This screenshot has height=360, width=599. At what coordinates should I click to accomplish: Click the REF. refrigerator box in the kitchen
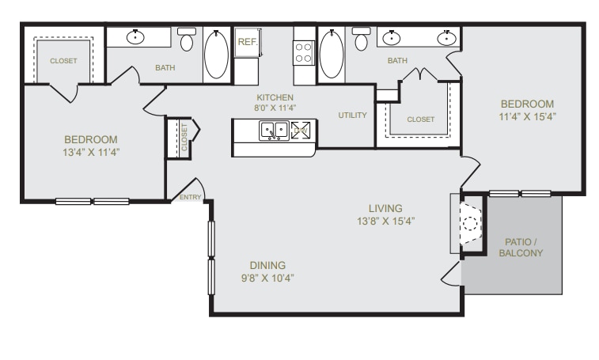pyautogui.click(x=247, y=42)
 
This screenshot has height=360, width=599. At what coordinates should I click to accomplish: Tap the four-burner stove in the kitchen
pyautogui.click(x=304, y=53)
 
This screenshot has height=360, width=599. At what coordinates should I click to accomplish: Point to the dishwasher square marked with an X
pyautogui.click(x=301, y=131)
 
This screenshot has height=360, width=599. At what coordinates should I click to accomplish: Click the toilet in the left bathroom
pyautogui.click(x=187, y=39)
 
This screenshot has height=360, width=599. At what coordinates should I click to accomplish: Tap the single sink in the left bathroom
pyautogui.click(x=137, y=36)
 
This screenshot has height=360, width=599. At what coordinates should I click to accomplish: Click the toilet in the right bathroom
pyautogui.click(x=362, y=39)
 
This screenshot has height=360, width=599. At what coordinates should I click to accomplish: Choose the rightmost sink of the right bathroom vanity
pyautogui.click(x=447, y=36)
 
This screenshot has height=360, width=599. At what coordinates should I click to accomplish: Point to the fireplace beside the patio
pyautogui.click(x=470, y=224)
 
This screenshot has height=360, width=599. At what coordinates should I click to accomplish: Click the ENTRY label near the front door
pyautogui.click(x=191, y=197)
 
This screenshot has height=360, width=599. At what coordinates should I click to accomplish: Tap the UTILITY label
pyautogui.click(x=352, y=116)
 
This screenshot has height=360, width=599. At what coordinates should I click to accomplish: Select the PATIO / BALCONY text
pyautogui.click(x=521, y=247)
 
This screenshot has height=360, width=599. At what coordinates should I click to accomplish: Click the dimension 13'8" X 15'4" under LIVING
pyautogui.click(x=386, y=221)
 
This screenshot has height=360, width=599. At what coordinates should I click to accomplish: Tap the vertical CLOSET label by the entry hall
pyautogui.click(x=184, y=136)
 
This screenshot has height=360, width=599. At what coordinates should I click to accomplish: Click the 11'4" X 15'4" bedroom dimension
pyautogui.click(x=527, y=116)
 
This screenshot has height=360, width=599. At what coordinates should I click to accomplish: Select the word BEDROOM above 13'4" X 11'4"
pyautogui.click(x=91, y=139)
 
